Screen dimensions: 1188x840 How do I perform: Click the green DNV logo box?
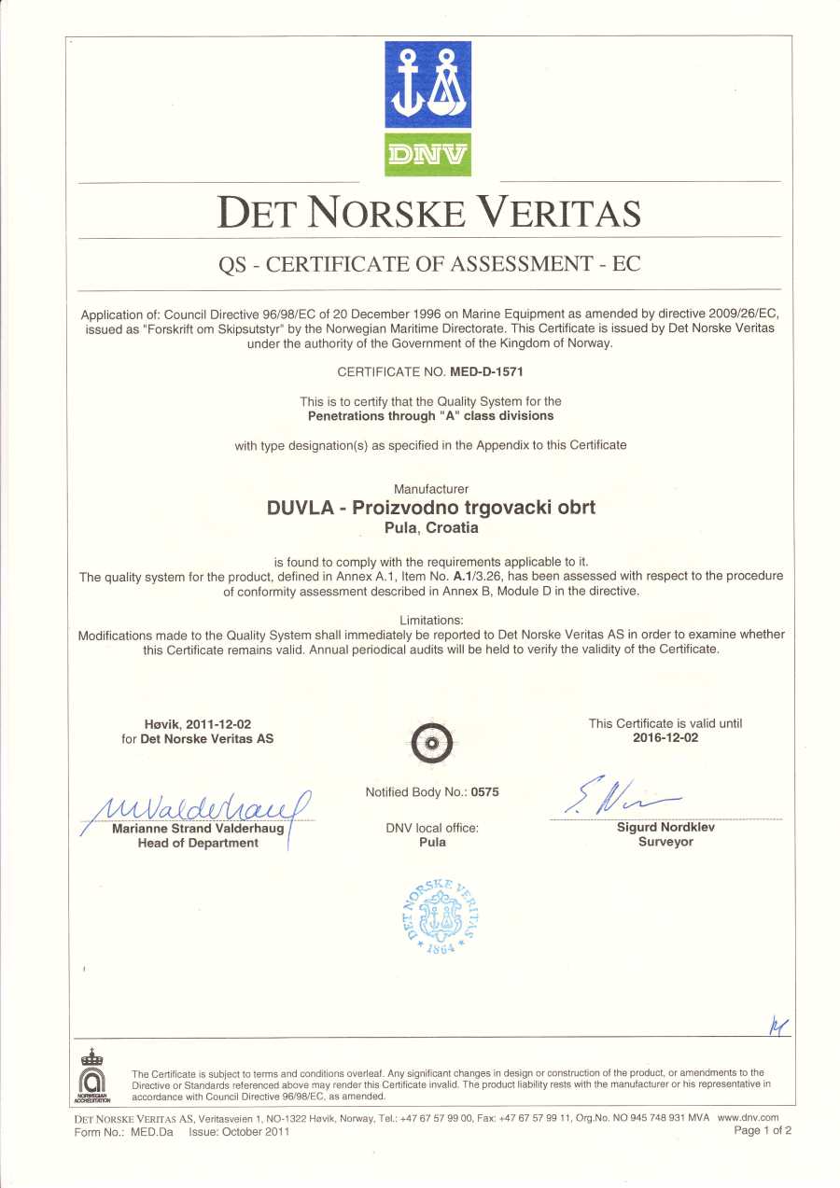click(427, 154)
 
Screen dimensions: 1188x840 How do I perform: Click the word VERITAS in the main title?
click(559, 213)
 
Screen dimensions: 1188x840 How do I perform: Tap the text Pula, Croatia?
click(431, 527)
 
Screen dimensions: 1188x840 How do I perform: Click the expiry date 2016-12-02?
click(665, 737)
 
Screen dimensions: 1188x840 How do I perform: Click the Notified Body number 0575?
click(485, 792)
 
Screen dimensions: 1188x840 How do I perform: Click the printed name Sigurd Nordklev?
click(665, 827)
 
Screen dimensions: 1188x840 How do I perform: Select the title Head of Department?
click(198, 843)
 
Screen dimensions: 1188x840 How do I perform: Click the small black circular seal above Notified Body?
click(432, 742)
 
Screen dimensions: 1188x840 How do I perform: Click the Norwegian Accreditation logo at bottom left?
click(91, 1076)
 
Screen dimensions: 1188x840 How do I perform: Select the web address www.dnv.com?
click(748, 1117)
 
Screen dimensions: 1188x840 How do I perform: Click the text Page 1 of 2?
click(763, 1131)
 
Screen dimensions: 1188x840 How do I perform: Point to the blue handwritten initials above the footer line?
click(778, 1027)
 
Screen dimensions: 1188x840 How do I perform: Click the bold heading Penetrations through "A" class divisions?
click(430, 415)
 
